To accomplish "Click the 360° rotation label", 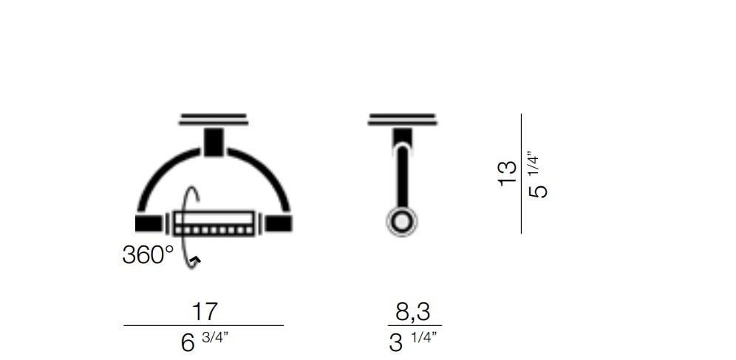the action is pyautogui.click(x=148, y=255).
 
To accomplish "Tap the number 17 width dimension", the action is pyautogui.click(x=205, y=312).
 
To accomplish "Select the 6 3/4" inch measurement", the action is pyautogui.click(x=204, y=342).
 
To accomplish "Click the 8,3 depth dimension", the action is pyautogui.click(x=412, y=312).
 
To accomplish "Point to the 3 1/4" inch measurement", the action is pyautogui.click(x=413, y=342).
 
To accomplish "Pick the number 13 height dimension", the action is pyautogui.click(x=508, y=174).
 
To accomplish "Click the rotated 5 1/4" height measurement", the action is pyautogui.click(x=537, y=174).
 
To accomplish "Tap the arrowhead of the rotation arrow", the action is pyautogui.click(x=196, y=259).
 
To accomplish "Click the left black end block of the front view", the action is pyautogui.click(x=149, y=223).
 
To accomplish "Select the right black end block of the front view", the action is pyautogui.click(x=279, y=223).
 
